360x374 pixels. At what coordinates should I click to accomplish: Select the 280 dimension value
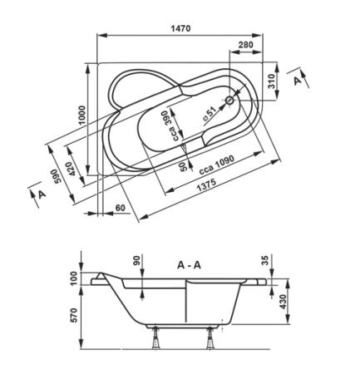245,44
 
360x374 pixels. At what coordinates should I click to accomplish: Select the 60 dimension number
121,208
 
